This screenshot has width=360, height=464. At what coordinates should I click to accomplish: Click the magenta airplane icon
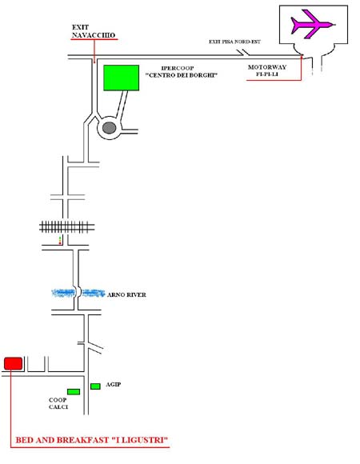[x=313, y=24]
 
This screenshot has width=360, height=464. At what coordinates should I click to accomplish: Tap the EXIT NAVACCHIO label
[x=94, y=31]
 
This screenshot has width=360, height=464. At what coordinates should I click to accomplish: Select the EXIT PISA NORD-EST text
[x=234, y=42]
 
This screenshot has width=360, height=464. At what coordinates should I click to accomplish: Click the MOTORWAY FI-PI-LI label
[x=267, y=70]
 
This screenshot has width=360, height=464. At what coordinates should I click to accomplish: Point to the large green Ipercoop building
[x=122, y=78]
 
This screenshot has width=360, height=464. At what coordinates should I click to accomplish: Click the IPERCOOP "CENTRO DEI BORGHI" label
[x=182, y=72]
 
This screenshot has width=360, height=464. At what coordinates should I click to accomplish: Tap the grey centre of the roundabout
[x=109, y=128]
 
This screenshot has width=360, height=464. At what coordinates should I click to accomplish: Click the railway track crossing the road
[x=67, y=227]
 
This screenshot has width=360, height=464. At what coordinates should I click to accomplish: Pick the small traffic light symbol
[x=60, y=240]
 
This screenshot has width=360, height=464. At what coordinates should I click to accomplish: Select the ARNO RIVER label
[x=126, y=294]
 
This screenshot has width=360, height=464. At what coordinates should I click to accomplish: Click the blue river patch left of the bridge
[x=63, y=293]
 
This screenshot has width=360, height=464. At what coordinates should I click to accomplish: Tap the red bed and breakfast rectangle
[x=14, y=363]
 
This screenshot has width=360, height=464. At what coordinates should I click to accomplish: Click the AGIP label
[x=114, y=384]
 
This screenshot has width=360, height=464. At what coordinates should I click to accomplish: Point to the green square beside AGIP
[x=95, y=386]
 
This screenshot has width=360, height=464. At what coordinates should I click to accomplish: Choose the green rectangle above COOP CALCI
[x=74, y=392]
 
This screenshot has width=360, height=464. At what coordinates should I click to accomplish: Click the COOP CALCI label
[x=58, y=403]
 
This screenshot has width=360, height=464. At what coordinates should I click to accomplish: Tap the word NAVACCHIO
[x=94, y=35]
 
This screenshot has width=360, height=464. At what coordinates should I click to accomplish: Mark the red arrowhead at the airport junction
[x=302, y=56]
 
